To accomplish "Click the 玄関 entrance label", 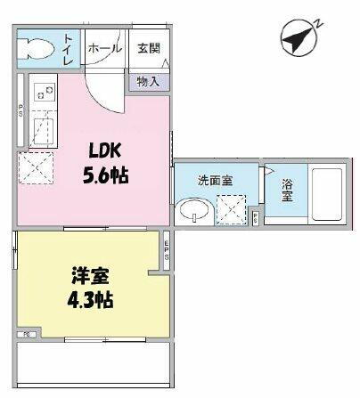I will coord(147,47).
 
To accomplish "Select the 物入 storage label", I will coord(148,81).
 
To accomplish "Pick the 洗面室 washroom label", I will coord(215,179).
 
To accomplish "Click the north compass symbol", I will coord(299,37).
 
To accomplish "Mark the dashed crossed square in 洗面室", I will coord(234,211).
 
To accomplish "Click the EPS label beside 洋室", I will coord(167,249).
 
